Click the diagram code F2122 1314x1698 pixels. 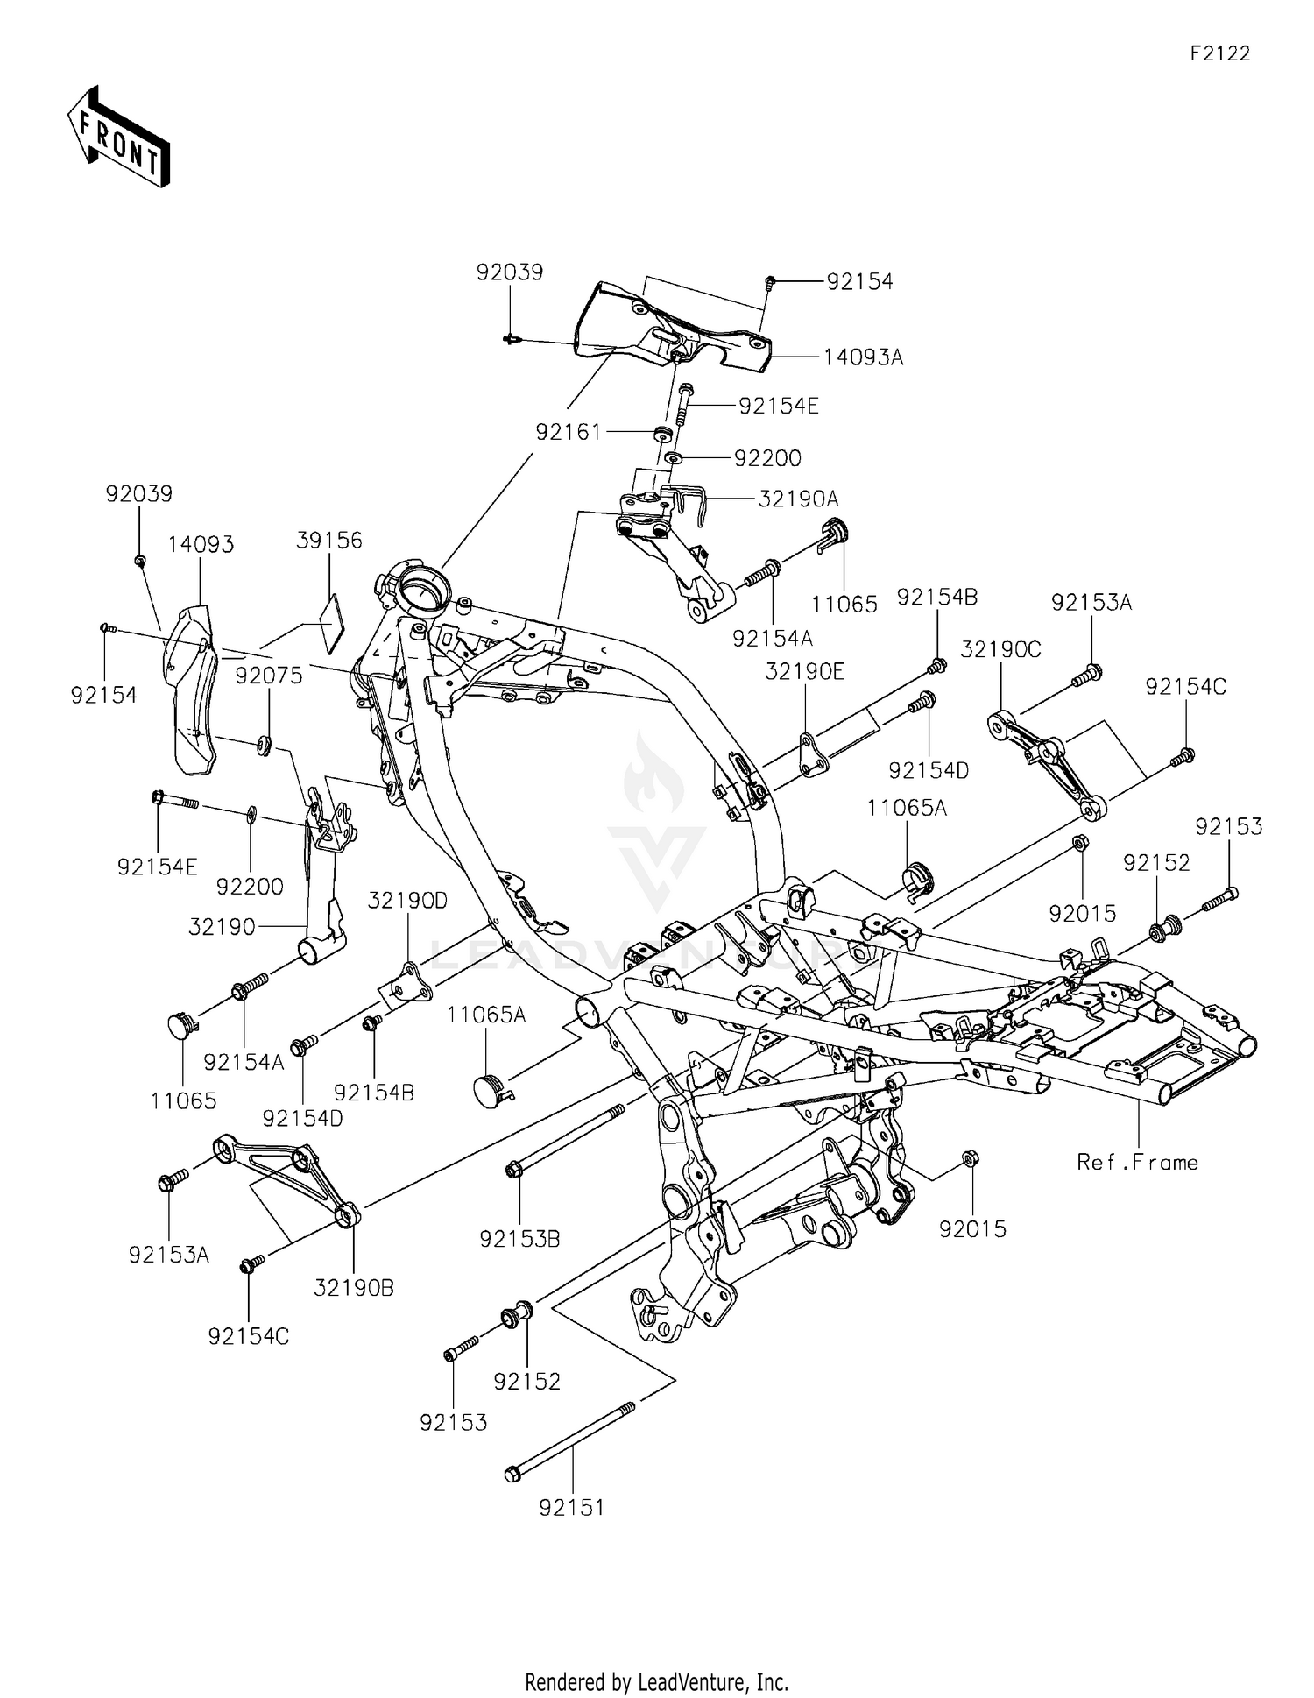pos(1219,53)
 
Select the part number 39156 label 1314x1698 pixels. pos(328,541)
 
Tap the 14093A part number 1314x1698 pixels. pos(863,357)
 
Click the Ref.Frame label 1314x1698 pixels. pos(1137,1162)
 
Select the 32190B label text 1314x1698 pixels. pos(354,1287)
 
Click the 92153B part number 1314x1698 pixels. pos(519,1238)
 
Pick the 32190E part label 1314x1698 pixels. pos(804,671)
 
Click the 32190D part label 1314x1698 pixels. pos(407,901)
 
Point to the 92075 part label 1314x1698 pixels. pos(269,675)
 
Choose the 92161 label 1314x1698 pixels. pos(569,432)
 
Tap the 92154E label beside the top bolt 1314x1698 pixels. pos(778,407)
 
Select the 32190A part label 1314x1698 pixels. pos(798,499)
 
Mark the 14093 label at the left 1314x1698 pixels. pos(201,544)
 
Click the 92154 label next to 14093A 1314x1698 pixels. pos(859,281)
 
